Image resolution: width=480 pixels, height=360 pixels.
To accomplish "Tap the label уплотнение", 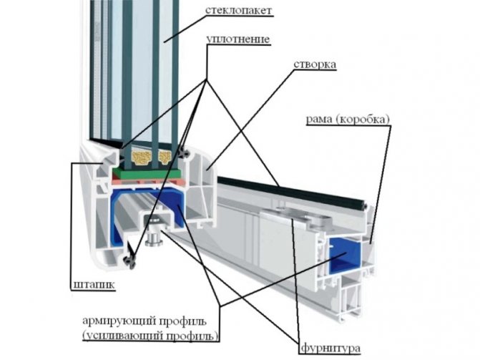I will coord(239,39).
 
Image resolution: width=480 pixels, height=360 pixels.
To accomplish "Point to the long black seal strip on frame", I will coord(300,191).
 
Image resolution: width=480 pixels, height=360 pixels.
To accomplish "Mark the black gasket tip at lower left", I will coord(129,261).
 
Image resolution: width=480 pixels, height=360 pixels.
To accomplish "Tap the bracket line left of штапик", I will coord(72,222).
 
